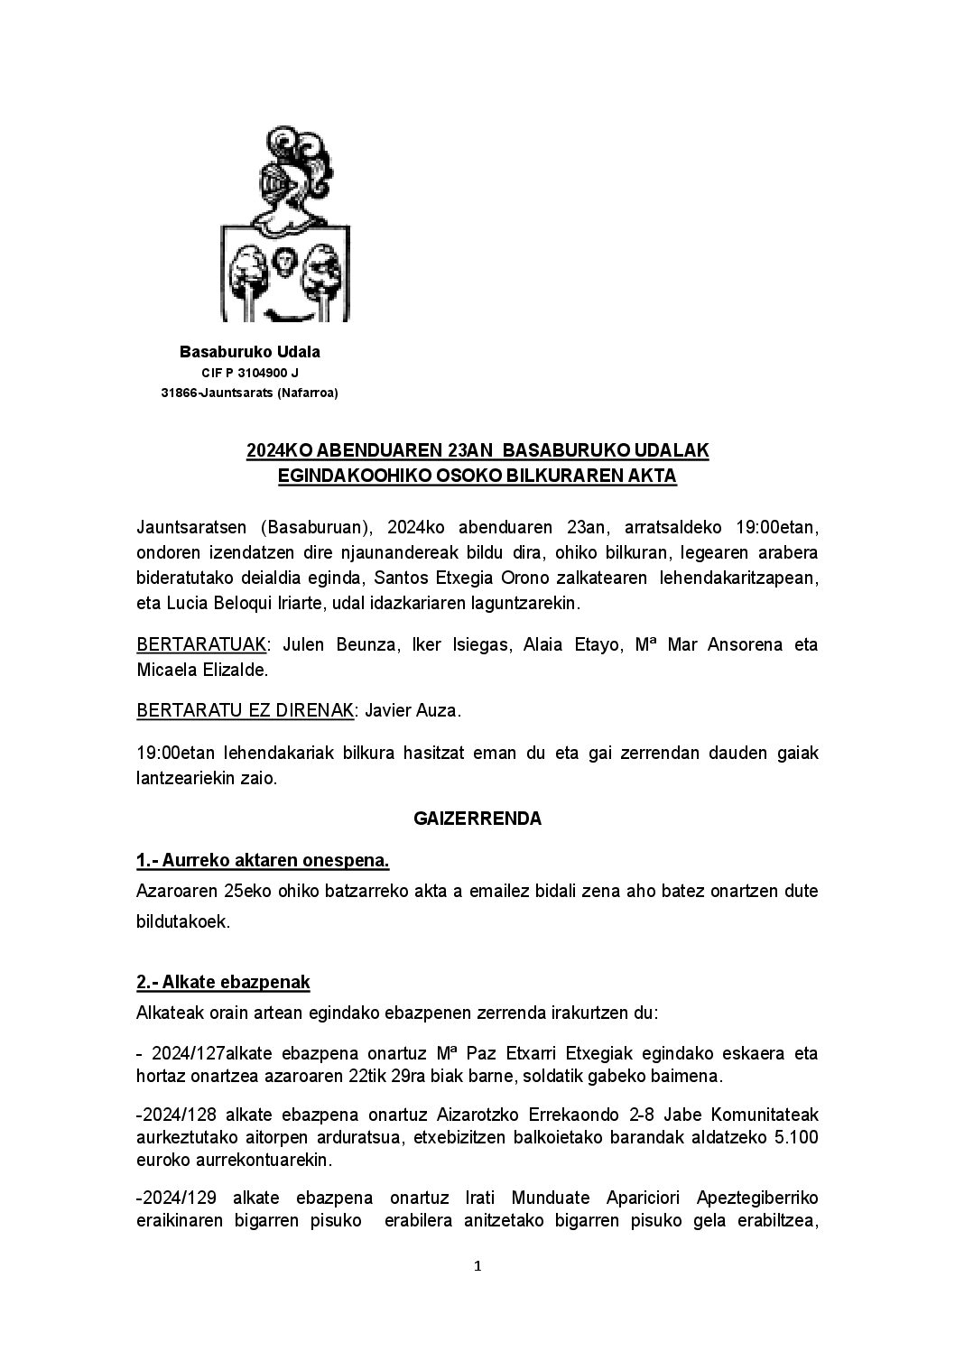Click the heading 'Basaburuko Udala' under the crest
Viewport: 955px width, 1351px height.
pyautogui.click(x=250, y=352)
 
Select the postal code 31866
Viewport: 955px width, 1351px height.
pyautogui.click(x=179, y=393)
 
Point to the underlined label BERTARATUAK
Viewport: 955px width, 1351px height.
pyautogui.click(x=201, y=645)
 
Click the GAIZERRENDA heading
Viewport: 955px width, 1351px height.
pyautogui.click(x=477, y=819)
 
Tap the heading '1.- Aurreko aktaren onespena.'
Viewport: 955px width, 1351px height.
pyautogui.click(x=263, y=861)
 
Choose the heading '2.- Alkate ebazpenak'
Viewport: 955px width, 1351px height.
pyautogui.click(x=223, y=982)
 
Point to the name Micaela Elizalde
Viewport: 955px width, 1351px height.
pyautogui.click(x=201, y=671)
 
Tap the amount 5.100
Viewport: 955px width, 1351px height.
pyautogui.click(x=795, y=1137)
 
